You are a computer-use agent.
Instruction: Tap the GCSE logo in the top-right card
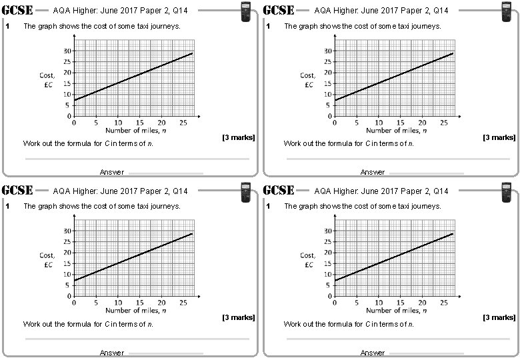tap(279, 10)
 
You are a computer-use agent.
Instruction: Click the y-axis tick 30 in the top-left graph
tap(67, 51)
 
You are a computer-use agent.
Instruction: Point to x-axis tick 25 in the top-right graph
tap(444, 122)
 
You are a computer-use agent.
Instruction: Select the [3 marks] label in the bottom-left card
tap(238, 317)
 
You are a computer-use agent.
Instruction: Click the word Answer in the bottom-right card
tap(373, 353)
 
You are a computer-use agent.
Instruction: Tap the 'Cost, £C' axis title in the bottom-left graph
tap(47, 259)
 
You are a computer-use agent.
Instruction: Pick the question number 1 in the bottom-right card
tap(267, 207)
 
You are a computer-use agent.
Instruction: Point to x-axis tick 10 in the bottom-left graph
tap(117, 302)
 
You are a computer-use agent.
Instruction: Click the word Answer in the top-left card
tap(112, 172)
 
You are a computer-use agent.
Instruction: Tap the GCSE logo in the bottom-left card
tap(18, 190)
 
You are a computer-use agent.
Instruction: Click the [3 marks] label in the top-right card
tap(499, 137)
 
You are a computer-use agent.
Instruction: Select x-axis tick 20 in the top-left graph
tap(161, 122)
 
